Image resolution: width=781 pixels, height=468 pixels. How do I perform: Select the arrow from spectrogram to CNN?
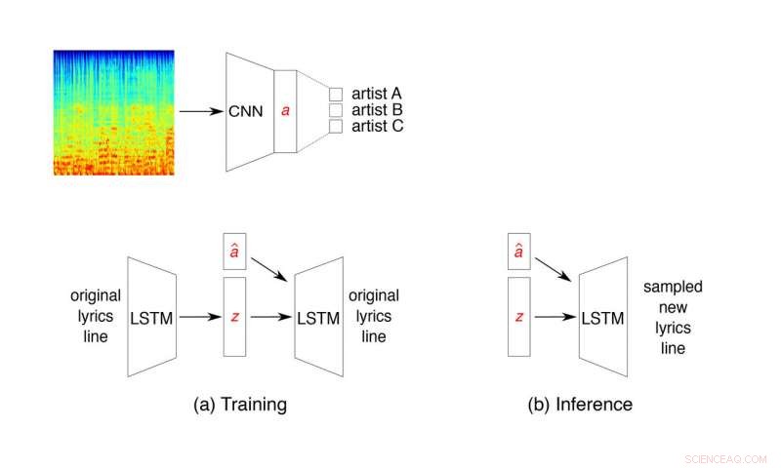pos(203,110)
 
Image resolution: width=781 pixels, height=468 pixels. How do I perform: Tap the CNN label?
pos(245,111)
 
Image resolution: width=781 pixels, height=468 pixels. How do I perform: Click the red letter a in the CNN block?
pos(285,111)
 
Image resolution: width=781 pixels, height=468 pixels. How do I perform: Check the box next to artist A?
pos(336,94)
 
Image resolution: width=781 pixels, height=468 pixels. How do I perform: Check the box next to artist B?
pos(336,110)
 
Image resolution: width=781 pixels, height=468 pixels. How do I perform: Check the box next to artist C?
pos(336,127)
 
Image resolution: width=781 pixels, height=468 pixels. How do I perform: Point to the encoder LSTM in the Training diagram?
pos(151,317)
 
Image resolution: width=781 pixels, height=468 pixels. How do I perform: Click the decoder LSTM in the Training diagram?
pos(319,317)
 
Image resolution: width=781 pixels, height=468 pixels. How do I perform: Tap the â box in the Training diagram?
pos(234,253)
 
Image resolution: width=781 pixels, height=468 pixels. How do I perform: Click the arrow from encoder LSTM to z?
pos(200,317)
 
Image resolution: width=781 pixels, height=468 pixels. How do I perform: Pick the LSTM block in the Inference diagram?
pos(603,317)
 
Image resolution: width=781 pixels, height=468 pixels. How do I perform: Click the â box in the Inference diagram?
pos(519,253)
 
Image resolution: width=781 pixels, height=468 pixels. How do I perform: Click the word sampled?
pos(673,288)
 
